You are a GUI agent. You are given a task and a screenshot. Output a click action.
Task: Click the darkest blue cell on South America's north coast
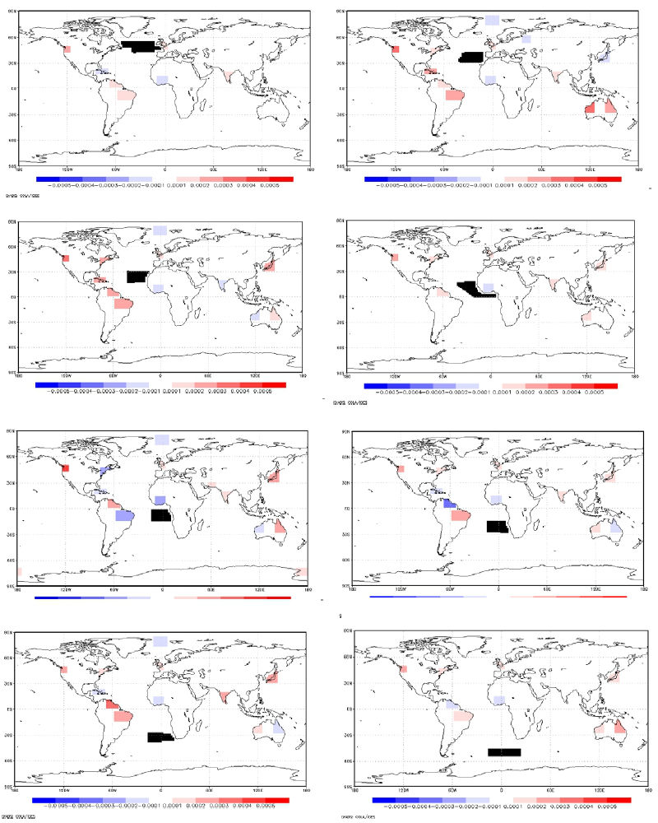point(449,504)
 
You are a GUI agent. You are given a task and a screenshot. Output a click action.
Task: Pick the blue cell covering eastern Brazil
point(125,516)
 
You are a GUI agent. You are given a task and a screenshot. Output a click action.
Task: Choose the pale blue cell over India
point(222,283)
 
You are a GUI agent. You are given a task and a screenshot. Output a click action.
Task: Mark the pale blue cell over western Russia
point(526,39)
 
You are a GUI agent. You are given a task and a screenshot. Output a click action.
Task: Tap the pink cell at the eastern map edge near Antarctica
point(302,572)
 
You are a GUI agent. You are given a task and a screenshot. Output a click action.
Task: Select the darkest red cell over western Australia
point(589,109)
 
